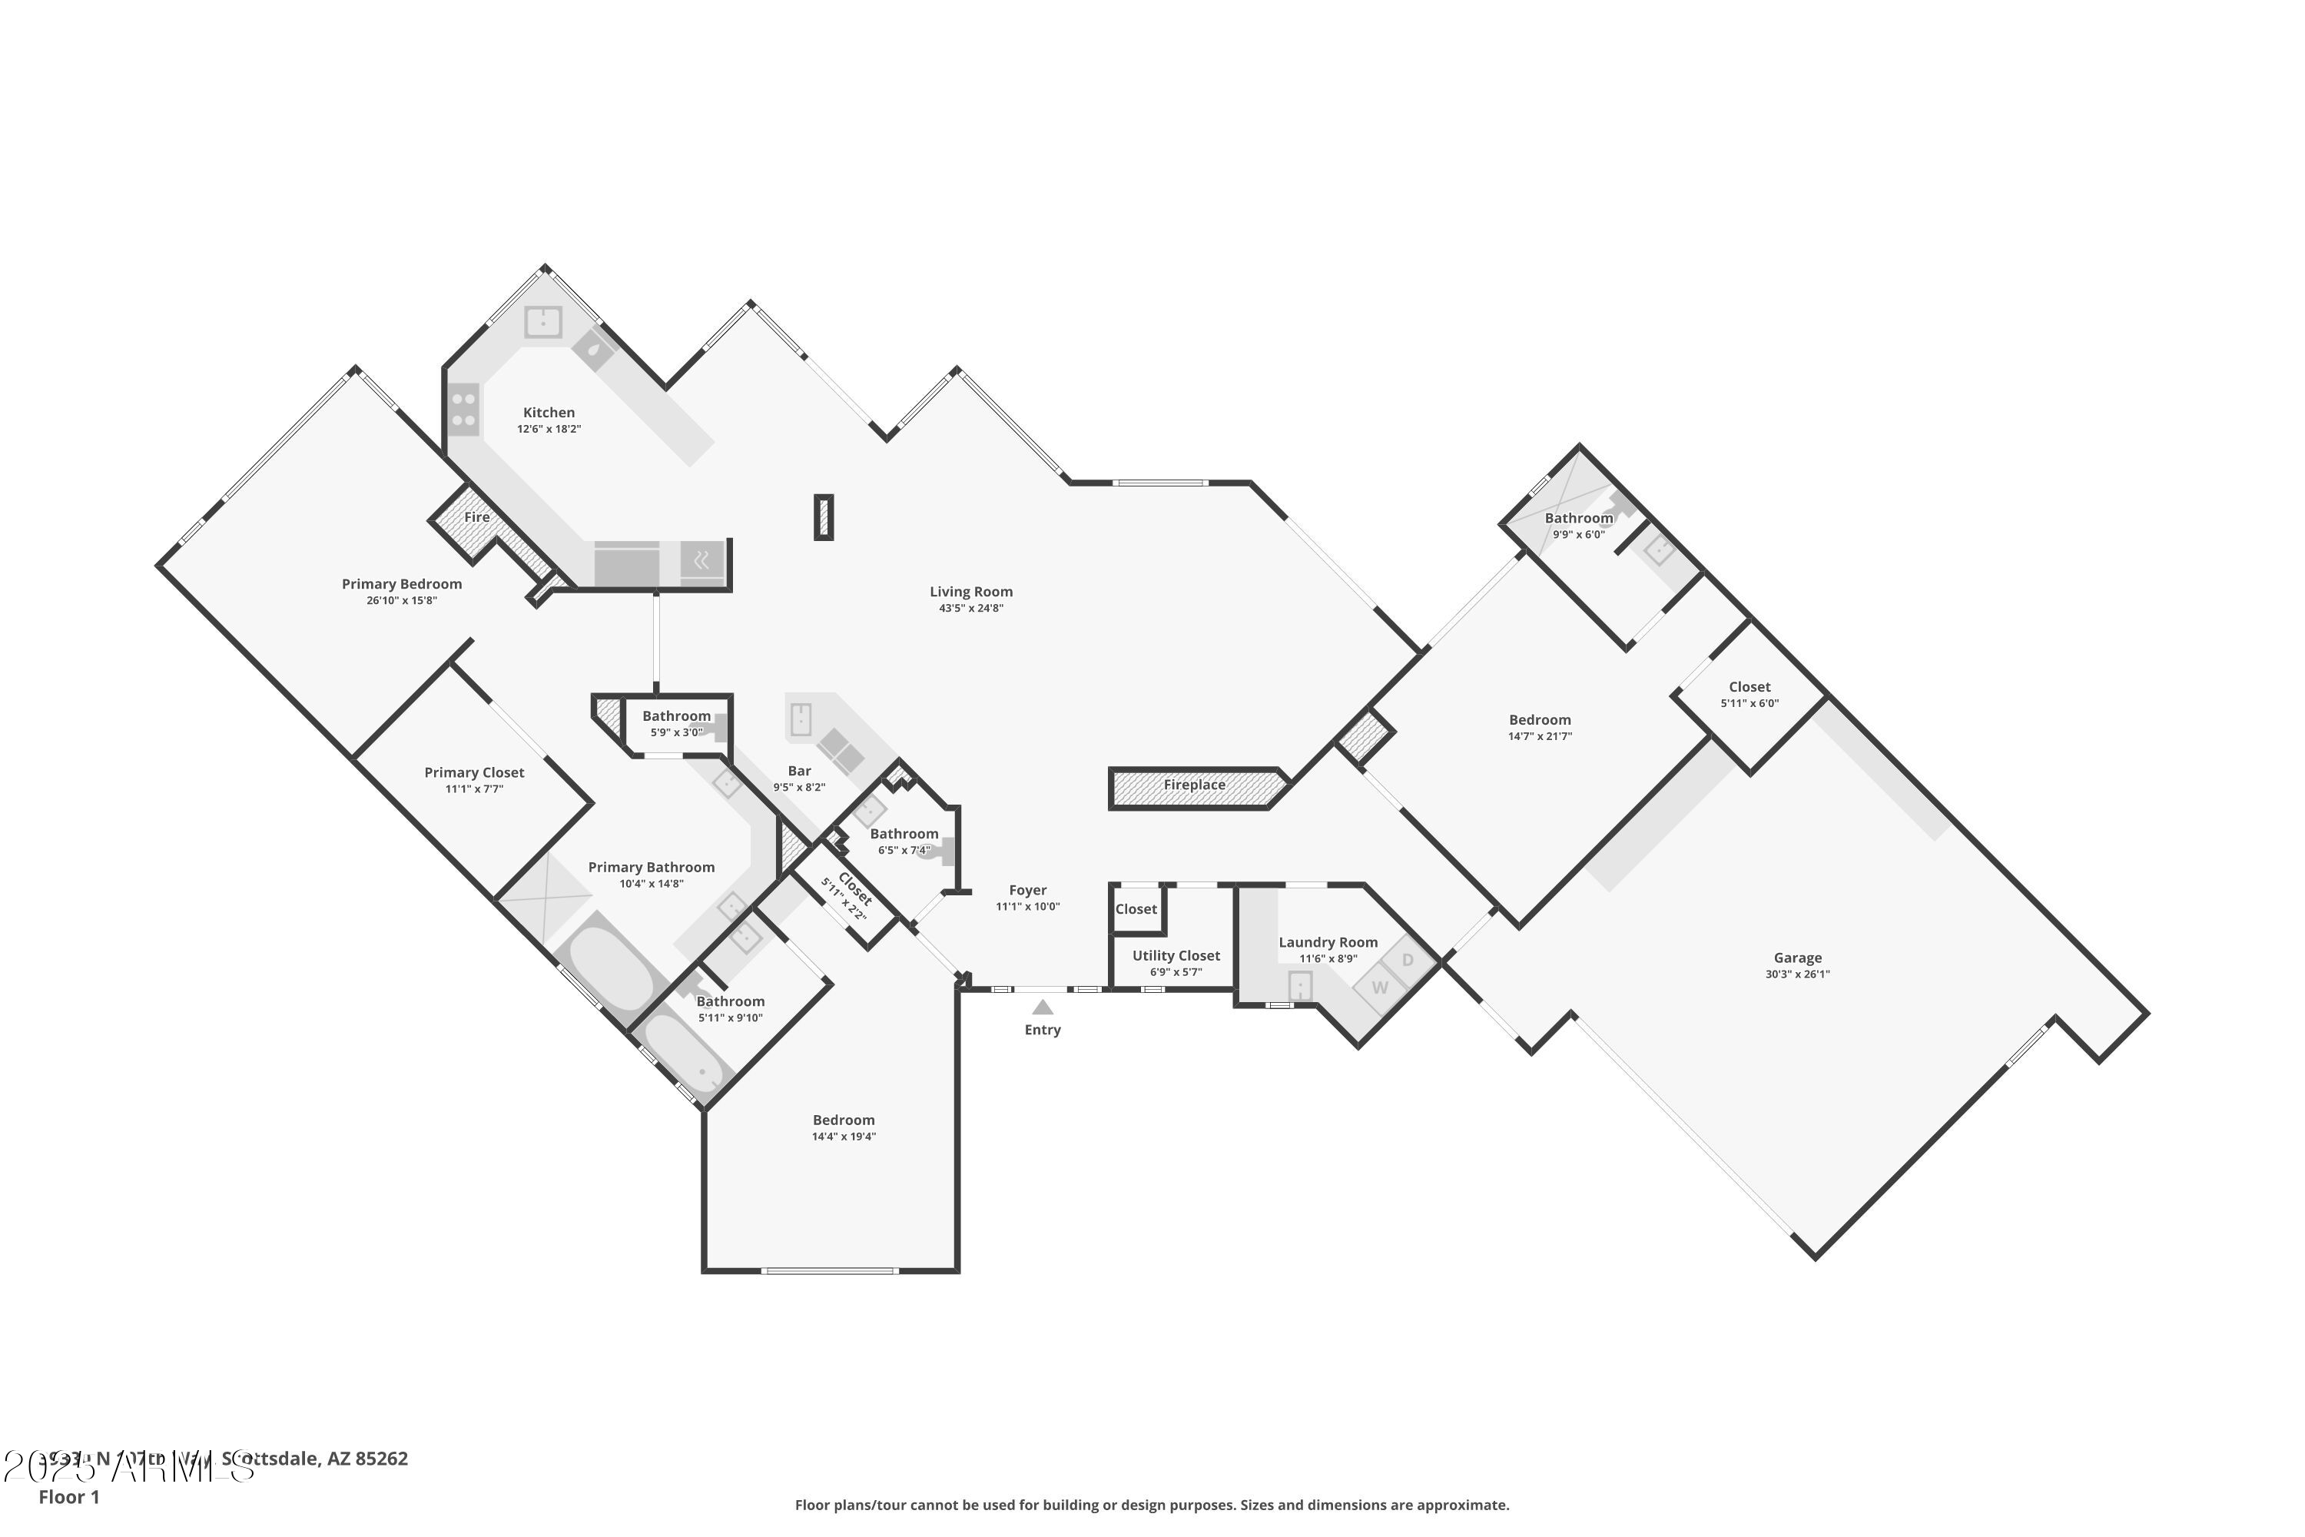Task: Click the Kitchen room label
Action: pyautogui.click(x=549, y=413)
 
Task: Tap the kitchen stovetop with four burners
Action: pyautogui.click(x=463, y=410)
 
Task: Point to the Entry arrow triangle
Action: pyautogui.click(x=1043, y=1008)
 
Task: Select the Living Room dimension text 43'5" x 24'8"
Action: pyautogui.click(x=970, y=609)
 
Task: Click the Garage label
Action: pyautogui.click(x=1797, y=958)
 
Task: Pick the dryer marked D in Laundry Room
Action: pyautogui.click(x=1408, y=960)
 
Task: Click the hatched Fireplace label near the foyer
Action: pyautogui.click(x=1194, y=785)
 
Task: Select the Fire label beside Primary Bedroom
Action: pyautogui.click(x=476, y=517)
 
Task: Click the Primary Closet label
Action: pyautogui.click(x=474, y=772)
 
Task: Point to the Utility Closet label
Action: pyautogui.click(x=1176, y=956)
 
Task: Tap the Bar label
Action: pyautogui.click(x=799, y=772)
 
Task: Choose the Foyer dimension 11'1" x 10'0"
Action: pyautogui.click(x=1027, y=907)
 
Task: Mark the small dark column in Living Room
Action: pyautogui.click(x=823, y=516)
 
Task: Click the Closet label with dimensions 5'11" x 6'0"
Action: pyautogui.click(x=1749, y=687)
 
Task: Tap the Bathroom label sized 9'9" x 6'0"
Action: pyautogui.click(x=1579, y=519)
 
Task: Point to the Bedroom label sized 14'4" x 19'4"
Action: pyautogui.click(x=843, y=1120)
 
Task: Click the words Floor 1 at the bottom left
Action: pyautogui.click(x=68, y=1497)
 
